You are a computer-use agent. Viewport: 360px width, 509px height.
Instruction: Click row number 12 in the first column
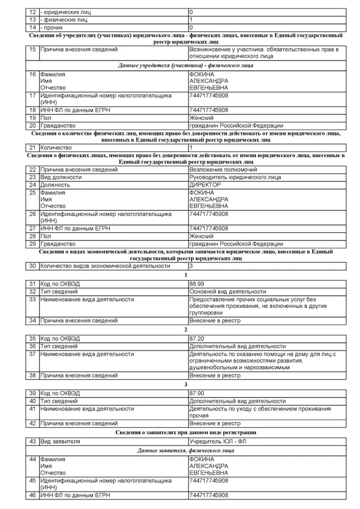click(x=32, y=12)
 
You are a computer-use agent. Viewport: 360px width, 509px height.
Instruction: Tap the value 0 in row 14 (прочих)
click(x=191, y=28)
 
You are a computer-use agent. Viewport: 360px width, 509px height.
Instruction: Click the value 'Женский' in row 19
click(x=201, y=118)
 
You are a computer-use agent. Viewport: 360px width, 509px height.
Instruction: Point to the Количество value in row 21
click(x=191, y=147)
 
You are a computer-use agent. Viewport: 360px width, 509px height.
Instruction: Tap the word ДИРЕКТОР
click(x=205, y=185)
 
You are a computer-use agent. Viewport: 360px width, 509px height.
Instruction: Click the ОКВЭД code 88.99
click(x=196, y=283)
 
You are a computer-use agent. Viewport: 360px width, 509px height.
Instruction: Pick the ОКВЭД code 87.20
click(x=196, y=339)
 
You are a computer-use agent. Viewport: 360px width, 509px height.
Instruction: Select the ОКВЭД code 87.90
click(x=196, y=393)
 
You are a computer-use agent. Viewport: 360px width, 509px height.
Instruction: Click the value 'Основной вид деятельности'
click(x=227, y=291)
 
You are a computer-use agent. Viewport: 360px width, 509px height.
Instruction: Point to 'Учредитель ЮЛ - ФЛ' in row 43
click(x=217, y=441)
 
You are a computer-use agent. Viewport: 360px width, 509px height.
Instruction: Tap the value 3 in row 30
click(x=191, y=265)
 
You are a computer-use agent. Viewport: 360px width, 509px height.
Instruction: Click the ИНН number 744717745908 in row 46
click(x=208, y=495)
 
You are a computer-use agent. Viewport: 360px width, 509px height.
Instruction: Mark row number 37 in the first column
click(x=32, y=354)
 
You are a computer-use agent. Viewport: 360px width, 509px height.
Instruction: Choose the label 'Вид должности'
click(x=60, y=178)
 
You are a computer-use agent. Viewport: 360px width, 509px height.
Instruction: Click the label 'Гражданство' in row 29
click(x=58, y=244)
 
